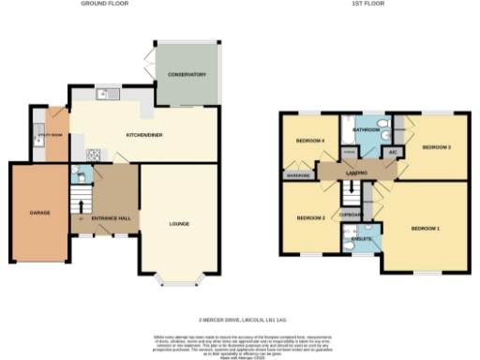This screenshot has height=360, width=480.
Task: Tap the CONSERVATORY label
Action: pos(187,74)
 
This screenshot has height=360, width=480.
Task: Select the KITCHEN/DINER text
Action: pos(144,136)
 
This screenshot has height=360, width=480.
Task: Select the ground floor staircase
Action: pos(82,201)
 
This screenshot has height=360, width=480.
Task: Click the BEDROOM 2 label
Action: pos(310,218)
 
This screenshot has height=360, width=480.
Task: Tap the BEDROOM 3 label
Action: pos(436,148)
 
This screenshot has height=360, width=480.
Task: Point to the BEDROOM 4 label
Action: pos(310,142)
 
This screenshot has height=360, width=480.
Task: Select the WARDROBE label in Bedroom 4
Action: pos(297,174)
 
